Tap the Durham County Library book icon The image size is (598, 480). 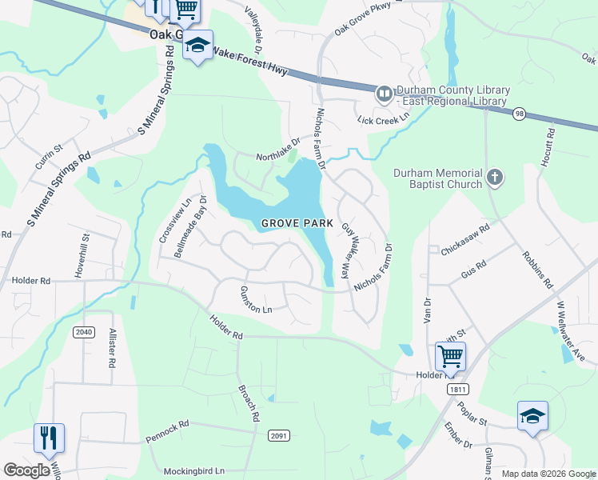coord(385,94)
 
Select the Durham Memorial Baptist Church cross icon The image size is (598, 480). coord(495,177)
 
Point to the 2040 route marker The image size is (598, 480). coord(82,332)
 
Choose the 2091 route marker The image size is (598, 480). coord(278,435)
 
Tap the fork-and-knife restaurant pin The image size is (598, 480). coord(49,438)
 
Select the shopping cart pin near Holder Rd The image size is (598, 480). coord(450,356)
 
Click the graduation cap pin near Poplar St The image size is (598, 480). coord(532,415)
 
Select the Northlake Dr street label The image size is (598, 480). coord(278,149)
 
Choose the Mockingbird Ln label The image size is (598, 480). coord(193,471)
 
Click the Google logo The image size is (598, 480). coord(26,470)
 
